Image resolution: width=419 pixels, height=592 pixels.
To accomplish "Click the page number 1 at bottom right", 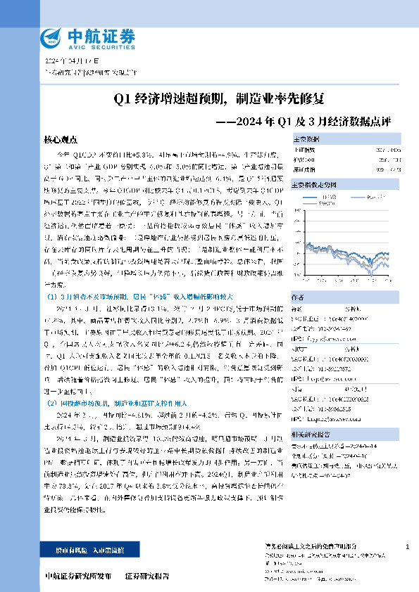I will tap(408, 546).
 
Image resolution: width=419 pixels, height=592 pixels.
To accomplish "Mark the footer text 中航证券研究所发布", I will tap(77, 575).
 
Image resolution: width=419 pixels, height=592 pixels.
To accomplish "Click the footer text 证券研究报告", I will tap(146, 575).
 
